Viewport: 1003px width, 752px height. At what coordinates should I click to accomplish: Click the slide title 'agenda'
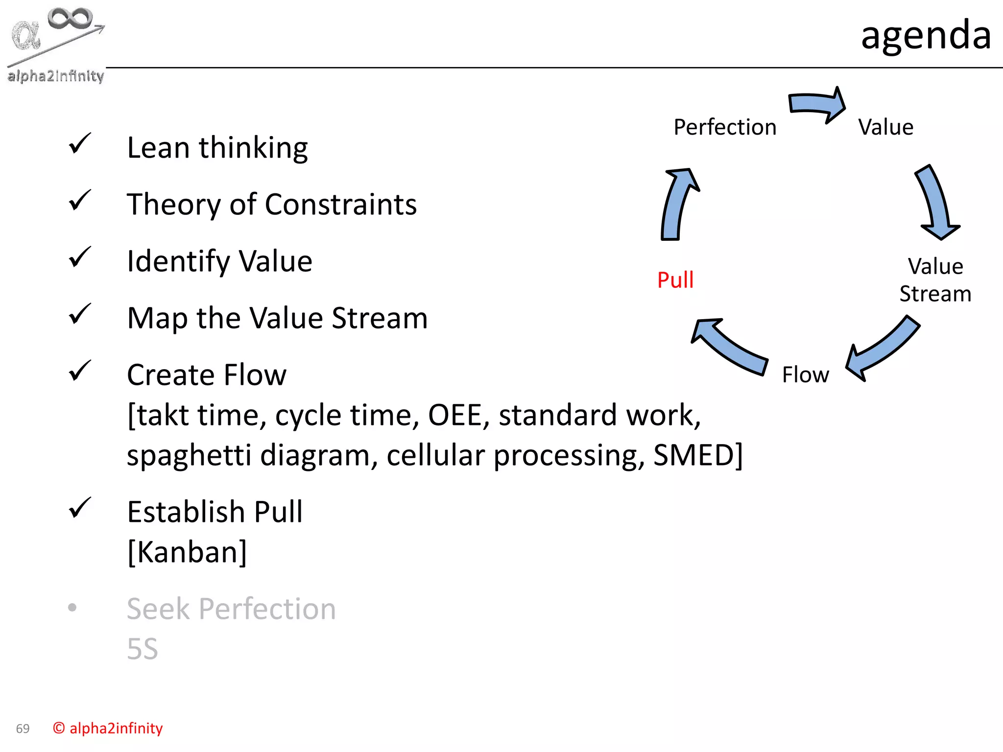(926, 35)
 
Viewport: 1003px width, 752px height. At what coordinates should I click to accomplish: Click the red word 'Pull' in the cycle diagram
(675, 280)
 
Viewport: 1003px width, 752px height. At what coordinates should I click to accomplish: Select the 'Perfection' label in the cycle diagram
(724, 127)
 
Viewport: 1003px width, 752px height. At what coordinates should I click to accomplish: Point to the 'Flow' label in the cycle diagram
(805, 375)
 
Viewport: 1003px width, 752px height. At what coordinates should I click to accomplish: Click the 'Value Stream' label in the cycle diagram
(935, 280)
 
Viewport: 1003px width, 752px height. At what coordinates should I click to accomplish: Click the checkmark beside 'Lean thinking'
(80, 143)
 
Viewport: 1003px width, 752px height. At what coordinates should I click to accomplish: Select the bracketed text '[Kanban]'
(187, 552)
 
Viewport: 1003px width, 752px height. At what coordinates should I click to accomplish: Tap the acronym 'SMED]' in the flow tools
(697, 455)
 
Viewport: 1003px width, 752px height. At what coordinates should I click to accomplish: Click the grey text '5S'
(142, 649)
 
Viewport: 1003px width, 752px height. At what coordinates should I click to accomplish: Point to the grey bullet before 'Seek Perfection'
(72, 608)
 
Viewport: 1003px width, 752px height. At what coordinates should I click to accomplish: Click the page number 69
(23, 728)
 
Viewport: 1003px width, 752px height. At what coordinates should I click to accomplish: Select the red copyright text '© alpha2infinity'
(108, 728)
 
